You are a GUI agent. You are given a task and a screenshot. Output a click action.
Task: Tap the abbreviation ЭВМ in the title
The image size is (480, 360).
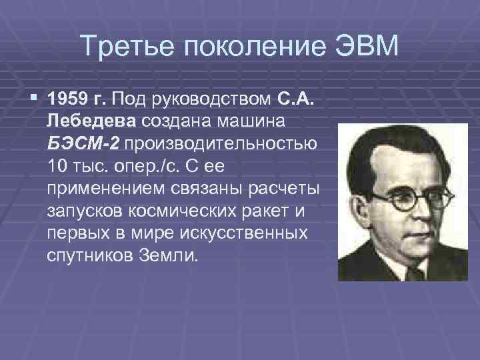365,46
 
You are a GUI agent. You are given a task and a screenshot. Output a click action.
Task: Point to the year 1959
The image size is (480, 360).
69,101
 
